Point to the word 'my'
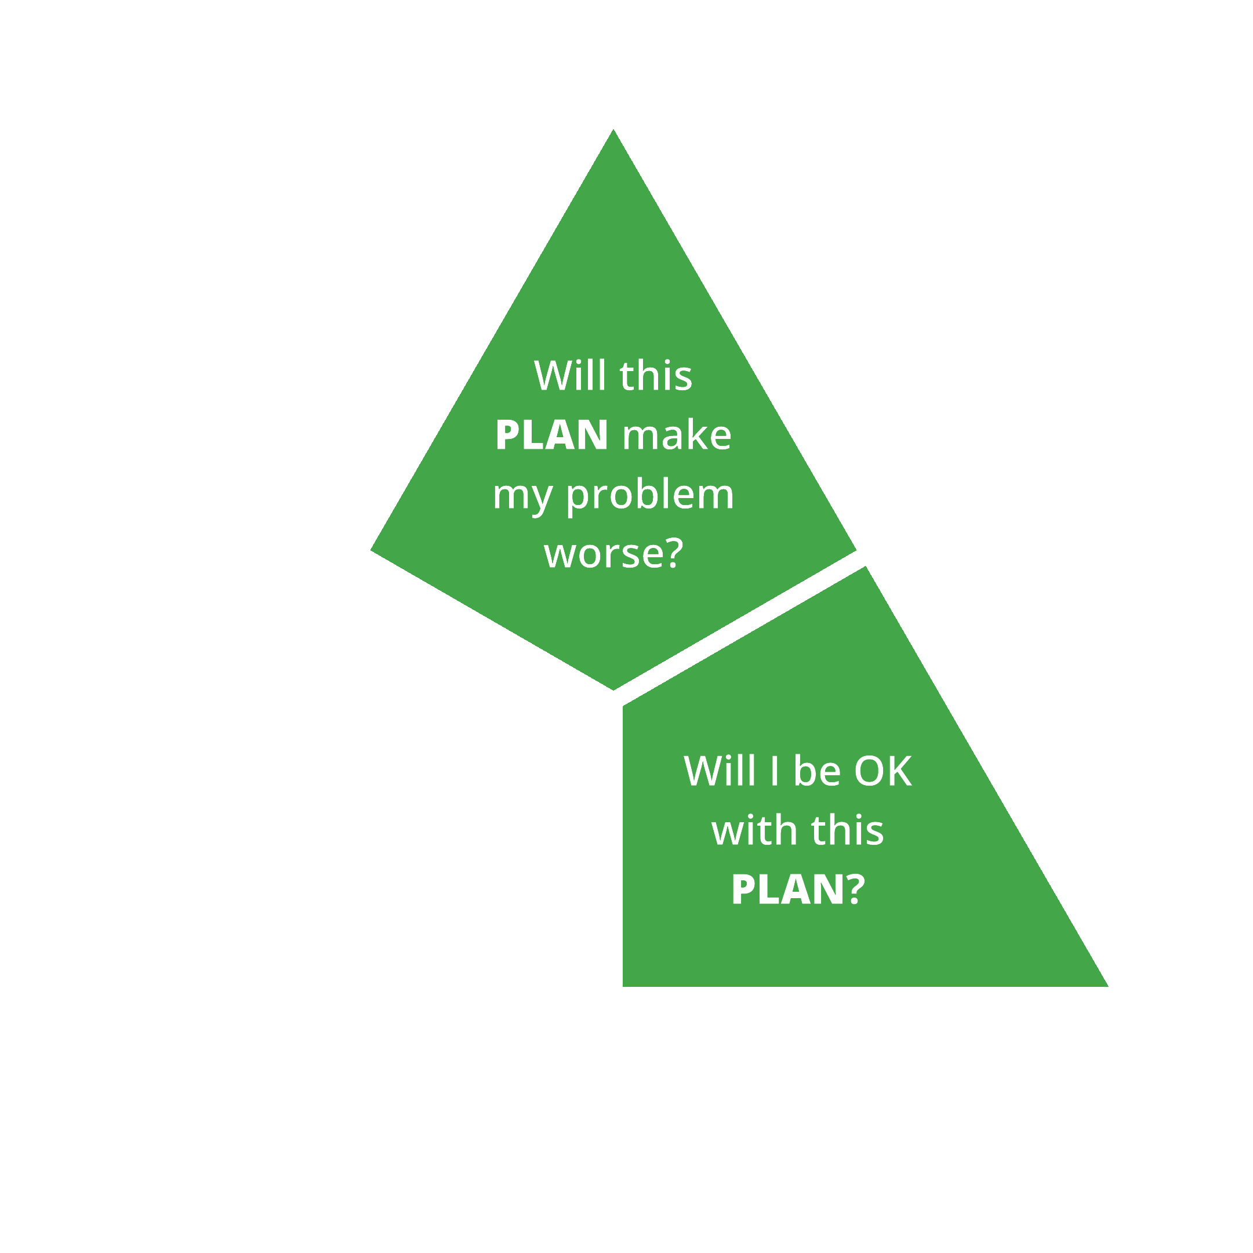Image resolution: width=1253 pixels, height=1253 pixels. [x=522, y=496]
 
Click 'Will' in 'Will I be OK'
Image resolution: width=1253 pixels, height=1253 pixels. [x=719, y=771]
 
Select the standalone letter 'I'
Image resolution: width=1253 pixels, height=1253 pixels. [x=773, y=771]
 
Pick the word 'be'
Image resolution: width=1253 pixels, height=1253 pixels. [x=816, y=771]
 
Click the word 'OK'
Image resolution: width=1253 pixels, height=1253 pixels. [x=882, y=771]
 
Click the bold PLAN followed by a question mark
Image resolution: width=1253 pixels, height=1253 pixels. [x=787, y=889]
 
